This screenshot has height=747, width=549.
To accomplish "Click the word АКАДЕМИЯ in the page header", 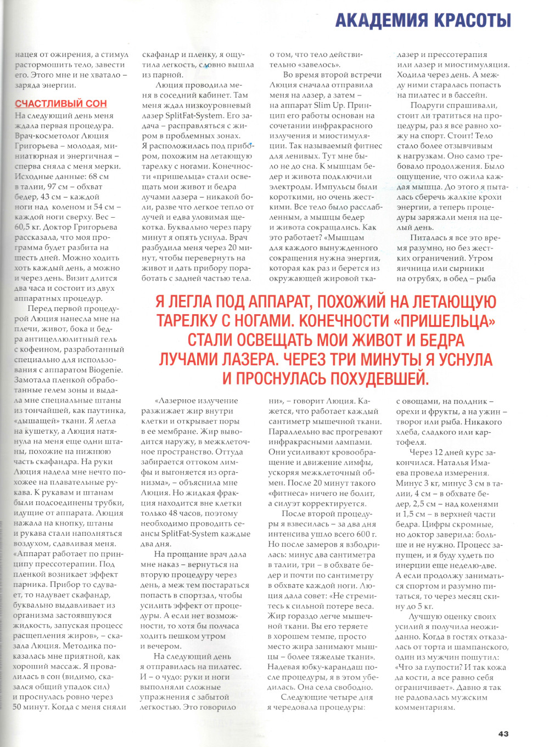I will coord(382,20).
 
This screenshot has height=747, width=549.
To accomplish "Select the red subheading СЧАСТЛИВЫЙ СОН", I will coord(61,104).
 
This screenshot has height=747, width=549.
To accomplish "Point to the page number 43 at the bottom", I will coord(503,734).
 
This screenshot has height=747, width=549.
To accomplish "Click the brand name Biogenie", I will coord(105,370).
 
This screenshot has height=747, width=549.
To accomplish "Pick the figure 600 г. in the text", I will coord(366,534).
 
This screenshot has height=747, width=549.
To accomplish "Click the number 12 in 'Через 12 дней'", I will coord(439,452).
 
